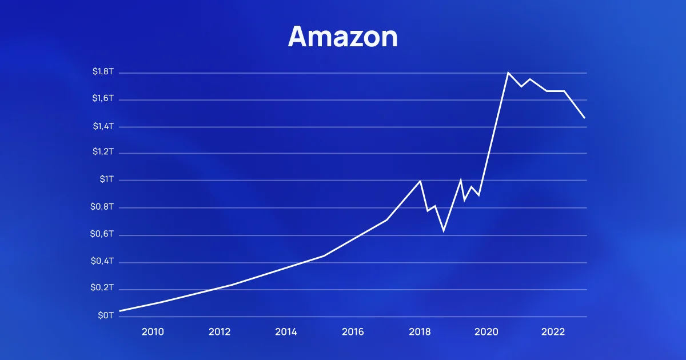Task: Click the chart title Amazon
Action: pos(342,37)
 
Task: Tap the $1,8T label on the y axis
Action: pos(103,72)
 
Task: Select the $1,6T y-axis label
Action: pos(103,99)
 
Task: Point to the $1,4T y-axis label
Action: pos(103,126)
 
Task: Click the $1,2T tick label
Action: pos(103,153)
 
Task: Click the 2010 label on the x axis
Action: pos(153,332)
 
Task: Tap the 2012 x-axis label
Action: pos(220,332)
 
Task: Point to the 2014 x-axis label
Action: pos(286,332)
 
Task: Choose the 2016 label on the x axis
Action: pos(353,332)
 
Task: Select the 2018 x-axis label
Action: pos(420,332)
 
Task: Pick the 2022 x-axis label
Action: pos(553,332)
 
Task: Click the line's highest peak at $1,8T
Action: pos(508,73)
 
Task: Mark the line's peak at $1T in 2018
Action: pos(420,181)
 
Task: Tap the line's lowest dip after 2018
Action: pos(444,231)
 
